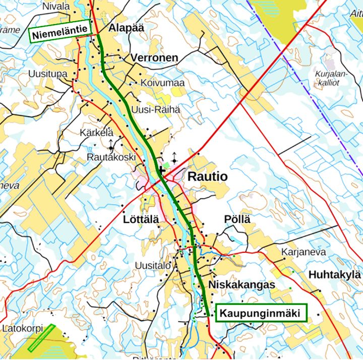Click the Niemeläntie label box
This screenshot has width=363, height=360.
pos(60,35)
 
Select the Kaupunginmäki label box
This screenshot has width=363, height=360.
pos(261,314)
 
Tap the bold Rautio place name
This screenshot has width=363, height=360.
pos(207,177)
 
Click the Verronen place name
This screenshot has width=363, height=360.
pos(154,58)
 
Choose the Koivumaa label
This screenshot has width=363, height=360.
pos(163,83)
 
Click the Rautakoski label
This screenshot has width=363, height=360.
pos(111,157)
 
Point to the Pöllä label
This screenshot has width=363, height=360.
pos(237,220)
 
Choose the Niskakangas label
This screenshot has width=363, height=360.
pos(241,285)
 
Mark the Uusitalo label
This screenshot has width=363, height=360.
pos(153,265)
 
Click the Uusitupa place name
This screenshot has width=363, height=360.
pos(48,74)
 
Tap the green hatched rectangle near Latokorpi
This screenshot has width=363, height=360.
pos(41,338)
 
